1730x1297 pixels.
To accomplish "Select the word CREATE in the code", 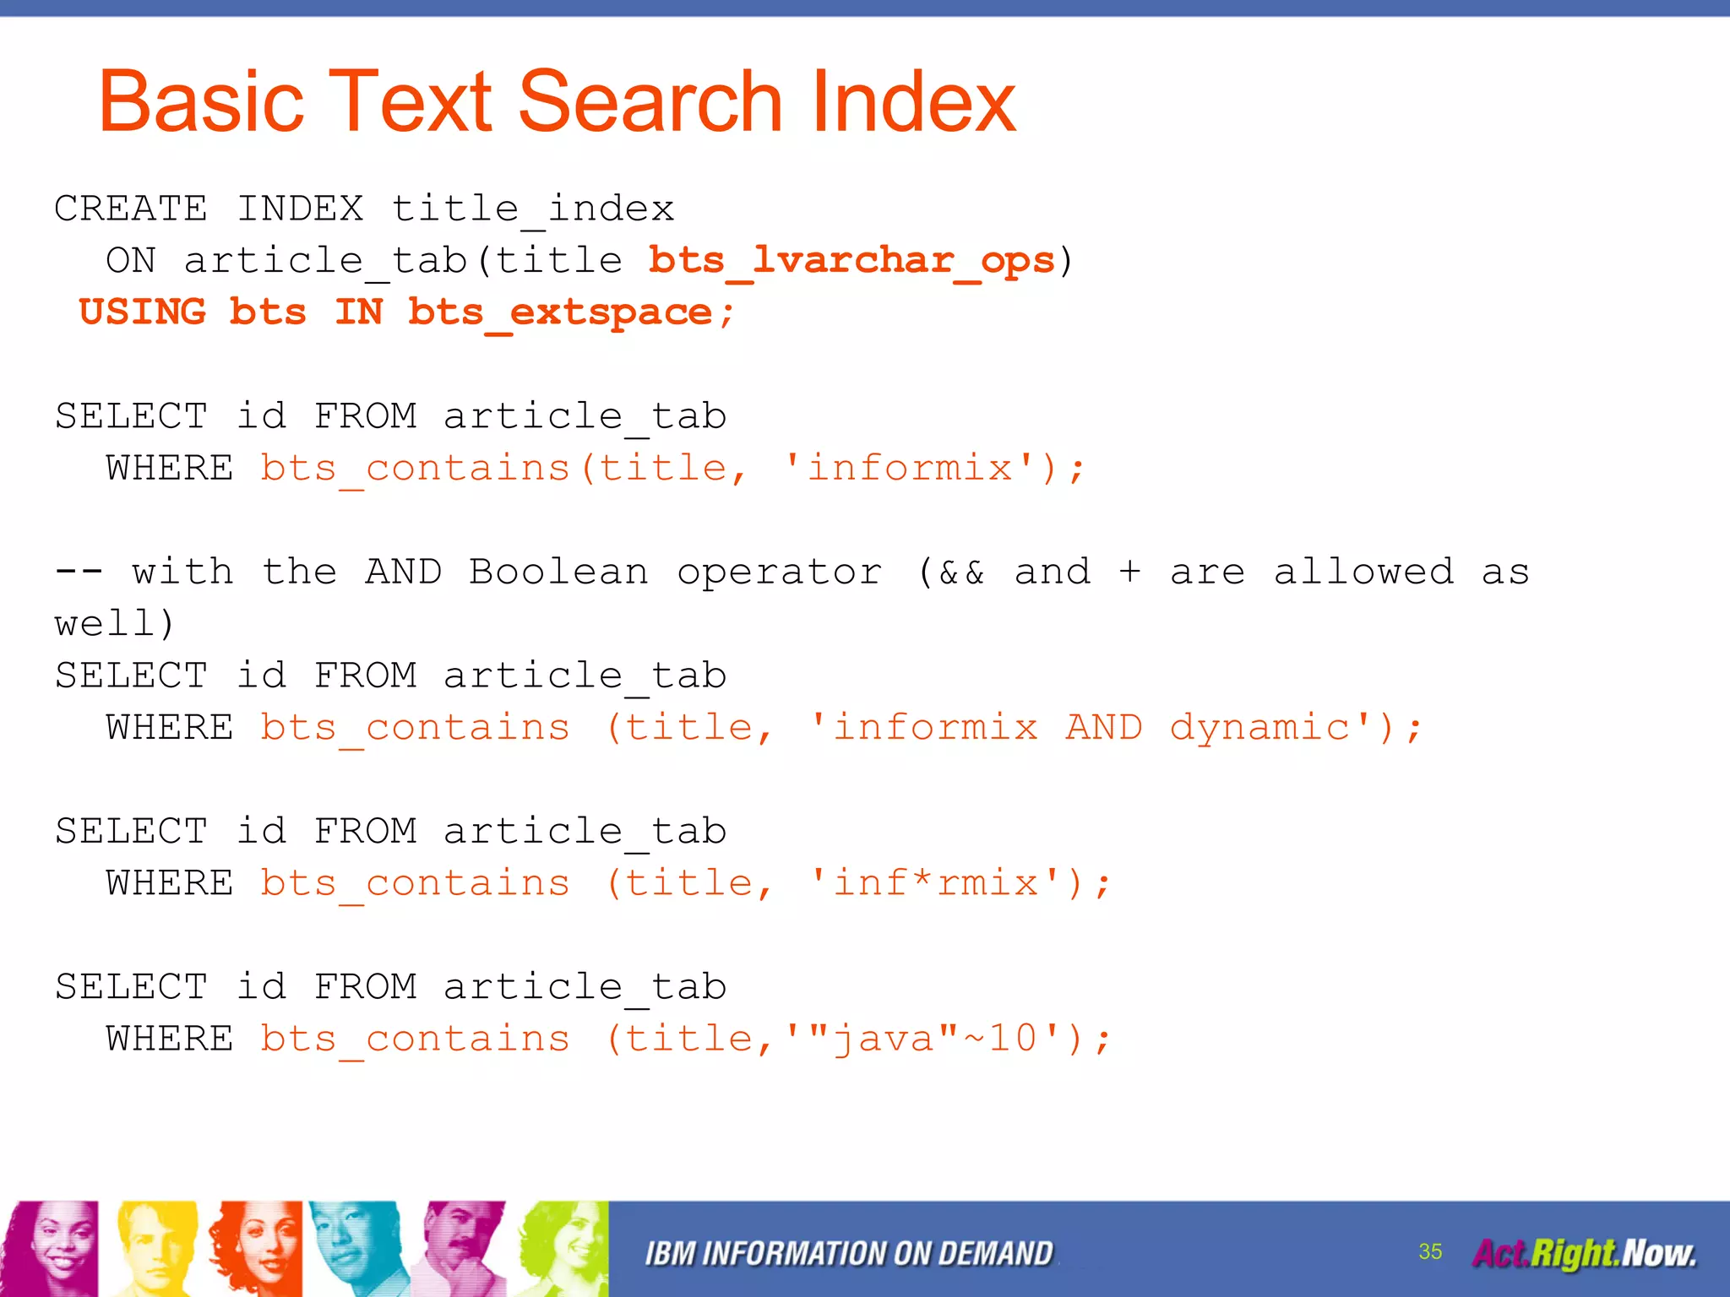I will point(131,209).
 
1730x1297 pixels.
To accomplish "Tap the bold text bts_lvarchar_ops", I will point(852,260).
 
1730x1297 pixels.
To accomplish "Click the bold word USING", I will point(142,312).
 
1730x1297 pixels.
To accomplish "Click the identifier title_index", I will point(533,209).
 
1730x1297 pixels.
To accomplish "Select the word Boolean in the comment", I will point(559,573).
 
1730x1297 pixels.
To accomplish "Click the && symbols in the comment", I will point(961,573).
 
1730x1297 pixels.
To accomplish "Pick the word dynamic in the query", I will point(1259,728).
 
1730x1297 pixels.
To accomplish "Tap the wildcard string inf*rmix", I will point(935,883).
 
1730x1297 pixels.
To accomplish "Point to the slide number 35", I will point(1430,1251).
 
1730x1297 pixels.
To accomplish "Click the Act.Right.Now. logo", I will point(1584,1253).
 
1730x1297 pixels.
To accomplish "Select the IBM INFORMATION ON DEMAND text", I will point(849,1254).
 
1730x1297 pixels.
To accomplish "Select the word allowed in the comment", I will point(1363,573).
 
